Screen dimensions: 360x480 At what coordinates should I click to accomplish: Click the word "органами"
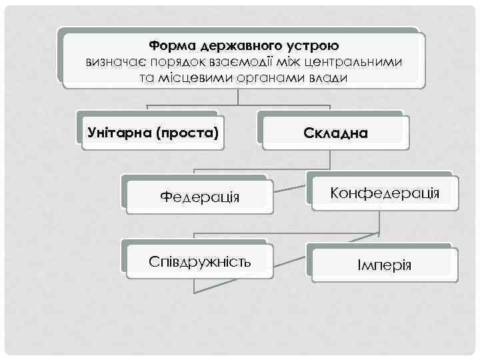(x=264, y=78)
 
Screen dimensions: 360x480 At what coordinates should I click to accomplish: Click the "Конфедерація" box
(x=385, y=193)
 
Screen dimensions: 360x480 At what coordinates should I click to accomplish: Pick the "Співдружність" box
(x=200, y=261)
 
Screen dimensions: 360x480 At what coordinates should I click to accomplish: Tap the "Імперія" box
(x=384, y=265)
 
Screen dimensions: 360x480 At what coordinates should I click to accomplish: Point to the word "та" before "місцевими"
(x=147, y=78)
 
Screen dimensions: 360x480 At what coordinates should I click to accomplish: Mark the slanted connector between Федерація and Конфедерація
(x=290, y=189)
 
